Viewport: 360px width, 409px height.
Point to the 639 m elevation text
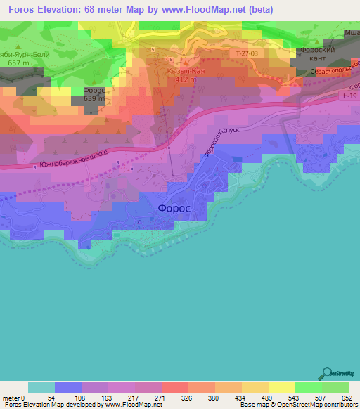94,98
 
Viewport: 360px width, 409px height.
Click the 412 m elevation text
184,80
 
